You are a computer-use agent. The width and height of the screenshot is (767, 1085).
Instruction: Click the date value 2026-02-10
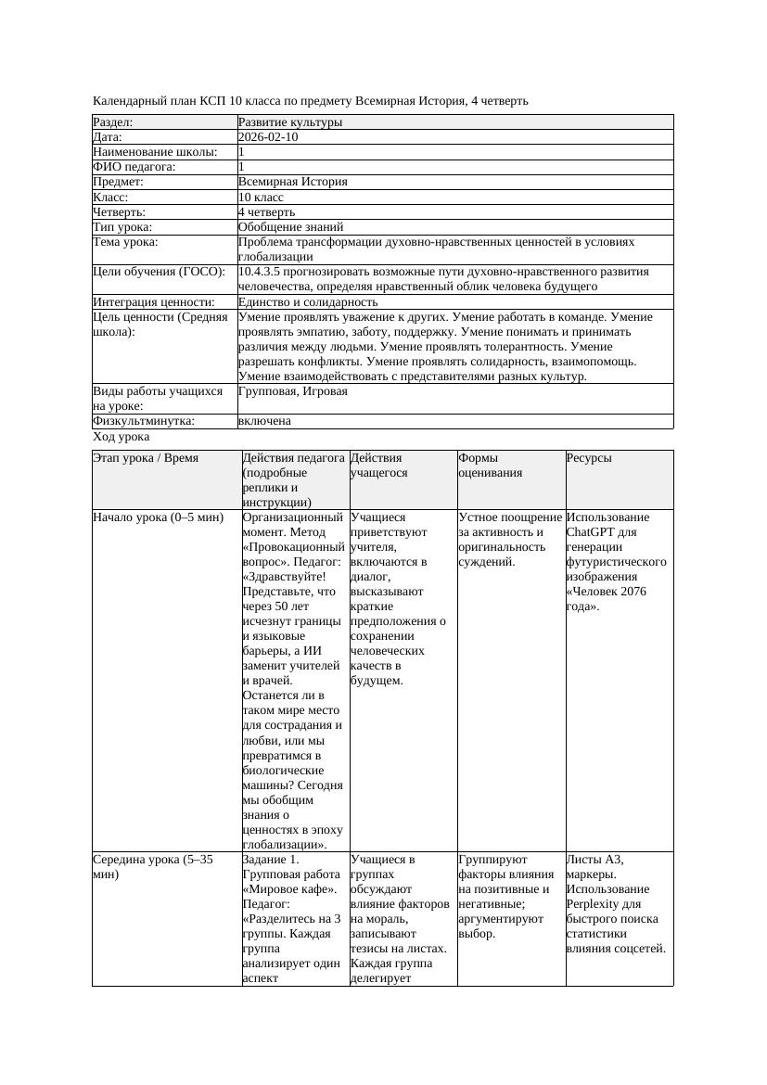pyautogui.click(x=268, y=137)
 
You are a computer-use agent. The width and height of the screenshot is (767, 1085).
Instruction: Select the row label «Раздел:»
pyautogui.click(x=113, y=122)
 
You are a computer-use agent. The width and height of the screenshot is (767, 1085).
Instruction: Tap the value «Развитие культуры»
pyautogui.click(x=289, y=122)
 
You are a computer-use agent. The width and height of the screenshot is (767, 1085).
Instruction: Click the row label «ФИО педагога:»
pyautogui.click(x=134, y=167)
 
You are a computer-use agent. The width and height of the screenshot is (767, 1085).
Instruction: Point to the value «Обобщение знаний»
pyautogui.click(x=290, y=226)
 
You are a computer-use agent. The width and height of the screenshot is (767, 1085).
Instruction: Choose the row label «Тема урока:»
pyautogui.click(x=125, y=242)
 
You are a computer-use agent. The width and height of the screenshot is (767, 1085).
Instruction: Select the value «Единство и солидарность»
pyautogui.click(x=307, y=301)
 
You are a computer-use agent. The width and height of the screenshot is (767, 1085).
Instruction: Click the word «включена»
pyautogui.click(x=264, y=421)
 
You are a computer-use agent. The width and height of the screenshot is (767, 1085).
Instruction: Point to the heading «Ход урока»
pyautogui.click(x=121, y=437)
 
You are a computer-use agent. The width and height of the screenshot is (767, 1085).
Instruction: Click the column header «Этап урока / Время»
pyautogui.click(x=146, y=458)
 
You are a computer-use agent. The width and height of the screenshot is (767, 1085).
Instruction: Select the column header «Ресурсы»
pyautogui.click(x=589, y=458)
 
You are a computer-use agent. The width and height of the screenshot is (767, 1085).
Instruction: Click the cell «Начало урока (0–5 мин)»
pyautogui.click(x=159, y=517)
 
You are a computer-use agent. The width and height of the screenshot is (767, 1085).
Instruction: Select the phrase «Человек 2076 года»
pyautogui.click(x=611, y=599)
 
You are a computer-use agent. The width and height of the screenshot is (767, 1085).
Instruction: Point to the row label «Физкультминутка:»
pyautogui.click(x=144, y=421)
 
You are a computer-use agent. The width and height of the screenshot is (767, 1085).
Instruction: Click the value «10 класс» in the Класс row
pyautogui.click(x=261, y=197)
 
